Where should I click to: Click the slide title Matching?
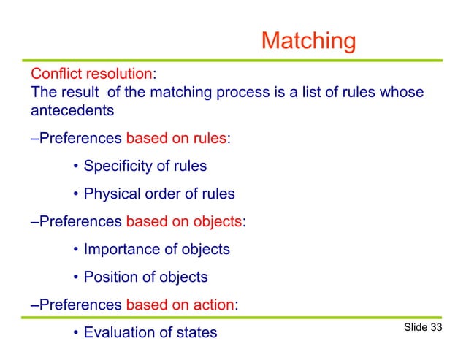(x=308, y=41)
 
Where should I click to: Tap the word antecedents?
(x=72, y=111)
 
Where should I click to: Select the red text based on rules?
(x=177, y=139)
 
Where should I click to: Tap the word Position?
(x=111, y=277)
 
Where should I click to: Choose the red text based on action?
(x=180, y=305)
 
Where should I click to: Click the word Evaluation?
(x=119, y=333)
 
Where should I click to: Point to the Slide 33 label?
(x=423, y=327)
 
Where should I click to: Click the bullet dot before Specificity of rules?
(x=76, y=167)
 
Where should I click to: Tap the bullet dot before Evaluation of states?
(x=76, y=334)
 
